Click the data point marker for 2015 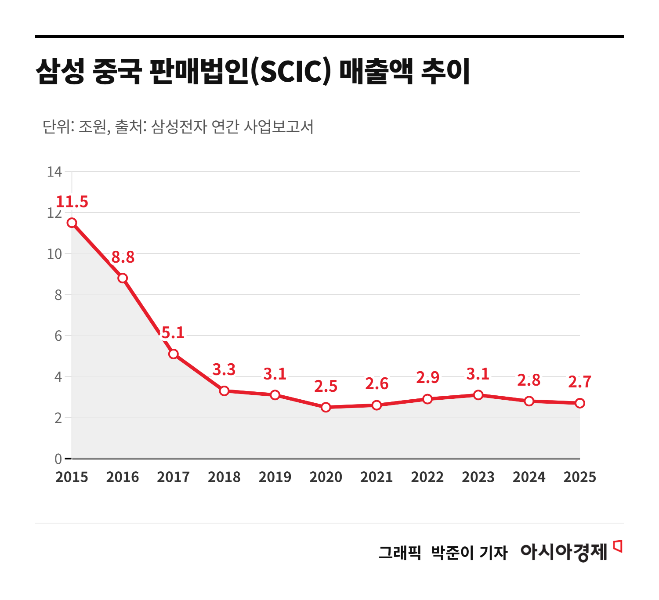[72, 223]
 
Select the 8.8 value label [123, 257]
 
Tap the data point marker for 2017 [174, 354]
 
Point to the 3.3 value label [224, 370]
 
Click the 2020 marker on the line [326, 407]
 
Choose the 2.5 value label [326, 387]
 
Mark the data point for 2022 [427, 399]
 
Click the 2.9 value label [427, 378]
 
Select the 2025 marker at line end [580, 403]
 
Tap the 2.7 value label [580, 382]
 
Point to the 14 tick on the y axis [54, 172]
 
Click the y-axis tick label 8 [58, 295]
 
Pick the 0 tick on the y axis [58, 459]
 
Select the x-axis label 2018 [224, 477]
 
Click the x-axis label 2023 [478, 477]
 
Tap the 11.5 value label [72, 202]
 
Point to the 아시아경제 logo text [564, 552]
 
